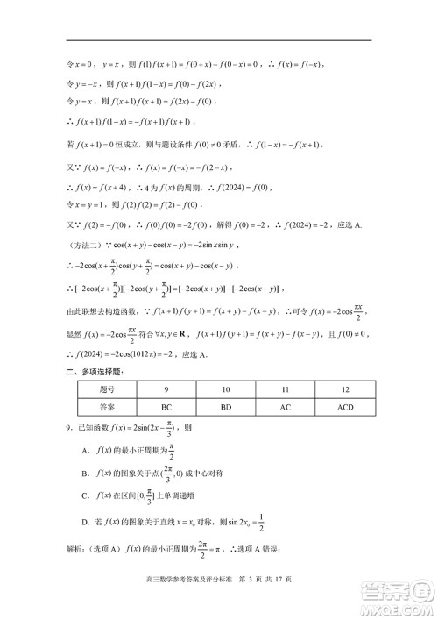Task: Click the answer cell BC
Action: point(166,407)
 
